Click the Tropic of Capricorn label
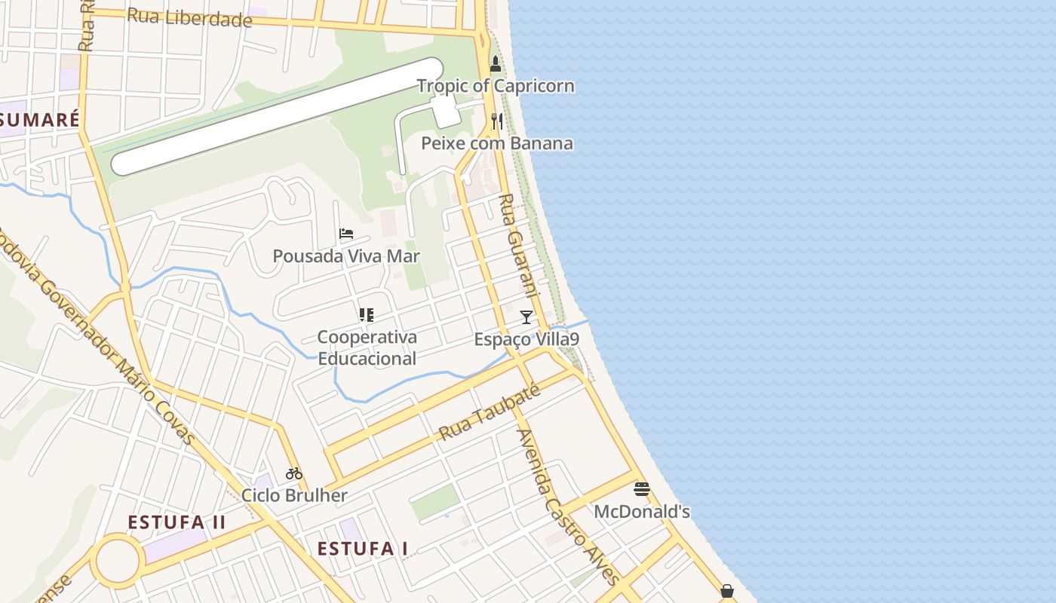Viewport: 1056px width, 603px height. point(496,86)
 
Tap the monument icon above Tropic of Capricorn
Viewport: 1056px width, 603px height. point(496,63)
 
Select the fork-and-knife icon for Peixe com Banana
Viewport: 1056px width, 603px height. point(496,121)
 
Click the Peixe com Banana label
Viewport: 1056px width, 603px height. point(496,143)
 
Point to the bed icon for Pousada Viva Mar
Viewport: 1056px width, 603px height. point(346,234)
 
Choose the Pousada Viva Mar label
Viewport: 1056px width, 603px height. point(346,256)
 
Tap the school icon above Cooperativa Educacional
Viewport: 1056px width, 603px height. point(367,315)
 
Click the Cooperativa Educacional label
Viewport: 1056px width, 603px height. point(367,347)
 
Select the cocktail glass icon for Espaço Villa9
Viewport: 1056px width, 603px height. point(526,317)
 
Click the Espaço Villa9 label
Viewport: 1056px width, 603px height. point(526,340)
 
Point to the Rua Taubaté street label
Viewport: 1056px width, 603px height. point(490,412)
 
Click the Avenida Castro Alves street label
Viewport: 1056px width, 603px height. point(567,507)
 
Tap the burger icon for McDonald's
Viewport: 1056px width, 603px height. point(642,489)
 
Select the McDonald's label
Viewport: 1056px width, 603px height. point(642,512)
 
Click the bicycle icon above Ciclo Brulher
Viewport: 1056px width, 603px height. point(294,473)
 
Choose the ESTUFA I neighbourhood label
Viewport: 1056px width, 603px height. point(363,548)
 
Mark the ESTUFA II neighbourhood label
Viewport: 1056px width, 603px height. point(177,522)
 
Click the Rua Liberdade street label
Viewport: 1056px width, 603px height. point(189,17)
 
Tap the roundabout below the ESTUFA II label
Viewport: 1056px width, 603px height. point(118,561)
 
